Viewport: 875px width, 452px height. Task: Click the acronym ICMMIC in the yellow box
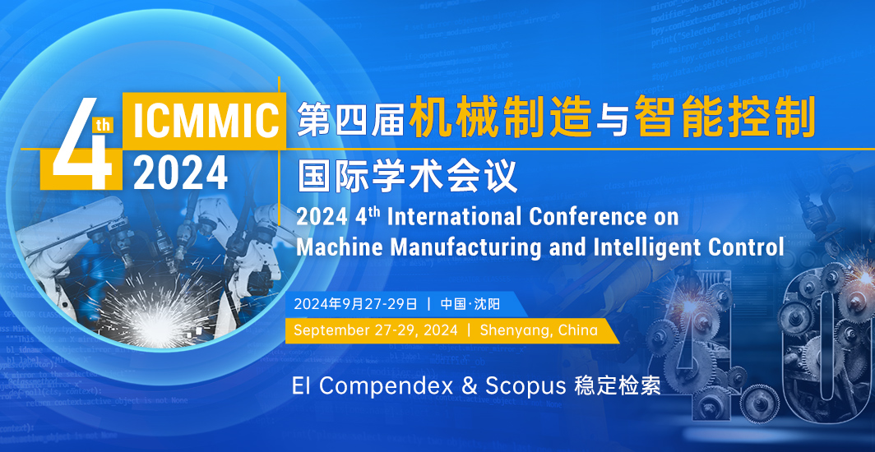coord(204,118)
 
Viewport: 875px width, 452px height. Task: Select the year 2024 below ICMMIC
coord(180,173)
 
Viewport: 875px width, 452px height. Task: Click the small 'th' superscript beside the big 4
coord(104,125)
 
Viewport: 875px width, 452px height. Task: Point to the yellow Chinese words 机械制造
coord(499,116)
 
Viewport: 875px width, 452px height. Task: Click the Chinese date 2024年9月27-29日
coord(355,304)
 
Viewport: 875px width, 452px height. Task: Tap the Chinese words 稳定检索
coord(617,385)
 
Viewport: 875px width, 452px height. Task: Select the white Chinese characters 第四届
coord(350,118)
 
